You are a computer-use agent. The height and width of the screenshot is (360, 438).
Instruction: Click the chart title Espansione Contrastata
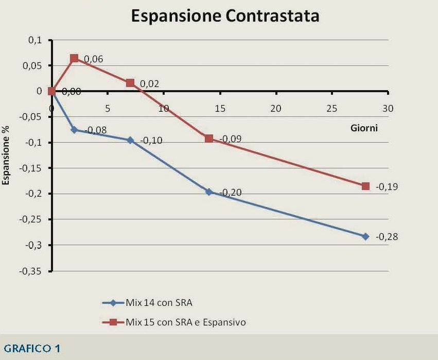click(x=225, y=16)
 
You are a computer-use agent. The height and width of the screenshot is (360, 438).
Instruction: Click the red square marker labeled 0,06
click(x=74, y=58)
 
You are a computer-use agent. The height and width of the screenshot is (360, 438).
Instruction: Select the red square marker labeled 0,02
click(x=130, y=83)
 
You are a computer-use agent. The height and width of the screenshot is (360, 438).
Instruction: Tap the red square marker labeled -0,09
click(x=209, y=138)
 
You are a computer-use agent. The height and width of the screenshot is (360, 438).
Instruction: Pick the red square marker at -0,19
click(x=366, y=186)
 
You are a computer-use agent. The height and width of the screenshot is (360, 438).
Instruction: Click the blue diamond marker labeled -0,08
click(x=74, y=130)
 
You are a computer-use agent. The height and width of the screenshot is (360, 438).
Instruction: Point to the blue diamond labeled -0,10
click(x=130, y=140)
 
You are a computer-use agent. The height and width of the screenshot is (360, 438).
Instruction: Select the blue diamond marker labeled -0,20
click(x=209, y=192)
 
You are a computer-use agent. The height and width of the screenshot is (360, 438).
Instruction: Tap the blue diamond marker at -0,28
click(x=366, y=236)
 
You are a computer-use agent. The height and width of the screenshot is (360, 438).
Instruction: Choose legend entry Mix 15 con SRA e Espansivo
click(x=185, y=322)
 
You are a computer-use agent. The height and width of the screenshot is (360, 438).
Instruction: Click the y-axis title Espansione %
click(x=7, y=156)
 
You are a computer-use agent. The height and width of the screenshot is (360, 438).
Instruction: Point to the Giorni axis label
click(x=361, y=128)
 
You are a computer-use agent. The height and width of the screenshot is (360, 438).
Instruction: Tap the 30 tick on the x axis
click(x=388, y=109)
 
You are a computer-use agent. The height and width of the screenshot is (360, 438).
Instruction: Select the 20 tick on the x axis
click(x=276, y=109)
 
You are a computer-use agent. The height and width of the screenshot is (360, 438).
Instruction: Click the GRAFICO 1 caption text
click(x=31, y=349)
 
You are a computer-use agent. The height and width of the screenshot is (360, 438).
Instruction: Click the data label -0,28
click(x=387, y=237)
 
